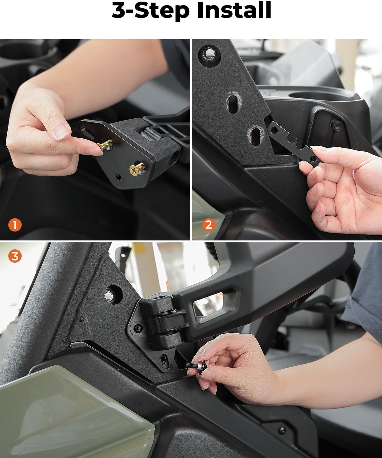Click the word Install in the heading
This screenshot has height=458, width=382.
pos(234,11)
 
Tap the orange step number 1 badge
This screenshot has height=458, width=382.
pos(15,225)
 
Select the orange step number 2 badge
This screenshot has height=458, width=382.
pos(209,225)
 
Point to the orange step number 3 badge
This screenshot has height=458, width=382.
pos(15,256)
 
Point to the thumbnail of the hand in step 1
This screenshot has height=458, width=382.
pos(61,131)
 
